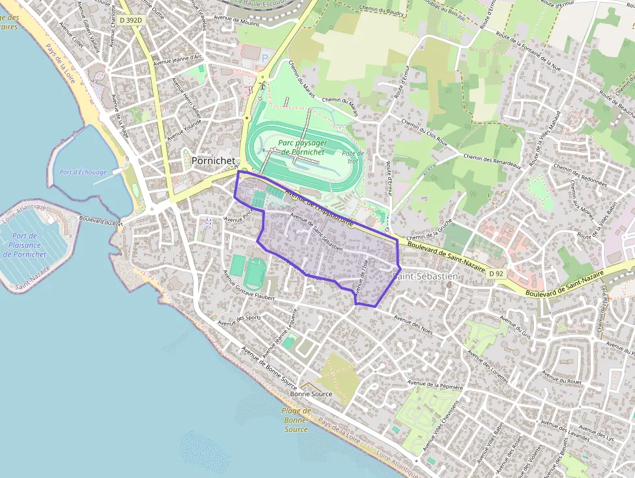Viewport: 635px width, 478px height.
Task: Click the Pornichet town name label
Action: (x=211, y=160)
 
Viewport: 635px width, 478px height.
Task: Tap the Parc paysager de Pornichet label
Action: (x=303, y=147)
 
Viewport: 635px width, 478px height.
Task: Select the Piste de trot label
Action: (x=353, y=157)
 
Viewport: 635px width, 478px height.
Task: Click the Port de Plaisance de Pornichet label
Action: (x=25, y=245)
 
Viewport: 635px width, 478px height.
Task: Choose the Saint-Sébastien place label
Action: (x=425, y=276)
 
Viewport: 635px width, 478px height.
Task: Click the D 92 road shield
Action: (x=496, y=274)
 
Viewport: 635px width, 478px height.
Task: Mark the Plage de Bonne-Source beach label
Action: (x=296, y=420)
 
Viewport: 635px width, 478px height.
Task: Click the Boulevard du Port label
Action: (x=101, y=221)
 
